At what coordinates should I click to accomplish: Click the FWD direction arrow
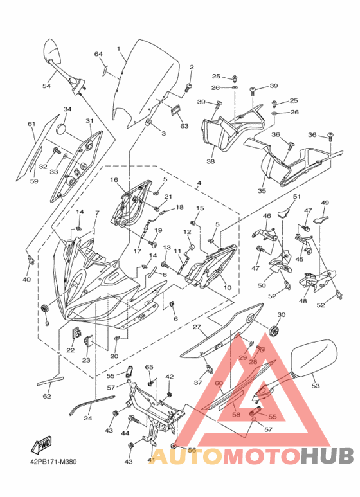(41, 445)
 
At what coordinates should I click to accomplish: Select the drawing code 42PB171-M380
(51, 462)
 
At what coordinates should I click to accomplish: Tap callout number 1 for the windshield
(118, 49)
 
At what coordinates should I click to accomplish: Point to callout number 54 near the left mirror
(46, 86)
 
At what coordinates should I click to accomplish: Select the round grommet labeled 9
(45, 307)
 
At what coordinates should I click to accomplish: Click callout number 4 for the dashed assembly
(199, 183)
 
